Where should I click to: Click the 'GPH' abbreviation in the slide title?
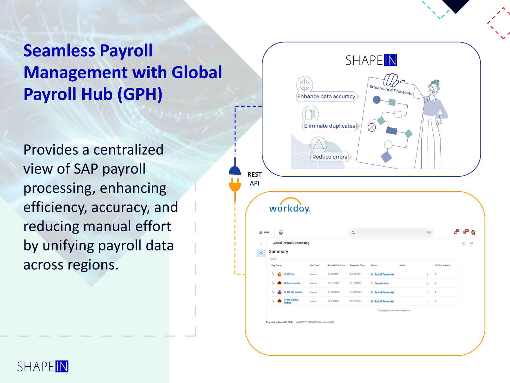tap(140, 94)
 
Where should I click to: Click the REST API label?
tap(254, 179)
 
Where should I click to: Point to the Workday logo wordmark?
tap(289, 208)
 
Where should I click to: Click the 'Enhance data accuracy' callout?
tap(326, 96)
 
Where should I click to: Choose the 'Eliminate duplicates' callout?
tap(329, 126)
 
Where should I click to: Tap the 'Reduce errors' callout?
tap(329, 157)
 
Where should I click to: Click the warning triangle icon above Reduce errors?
tap(319, 144)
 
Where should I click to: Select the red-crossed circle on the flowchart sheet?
tap(372, 127)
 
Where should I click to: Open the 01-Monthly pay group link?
tap(289, 274)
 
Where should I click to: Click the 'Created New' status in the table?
tap(381, 283)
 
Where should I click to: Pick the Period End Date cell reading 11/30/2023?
tap(334, 292)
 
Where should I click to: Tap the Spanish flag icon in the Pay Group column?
tap(279, 274)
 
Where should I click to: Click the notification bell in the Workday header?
tap(456, 233)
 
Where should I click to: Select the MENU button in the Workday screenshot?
tap(265, 233)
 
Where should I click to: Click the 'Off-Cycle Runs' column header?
tap(442, 265)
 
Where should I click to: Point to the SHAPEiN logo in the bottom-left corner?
tap(43, 366)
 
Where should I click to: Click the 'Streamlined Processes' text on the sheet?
tap(391, 90)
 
